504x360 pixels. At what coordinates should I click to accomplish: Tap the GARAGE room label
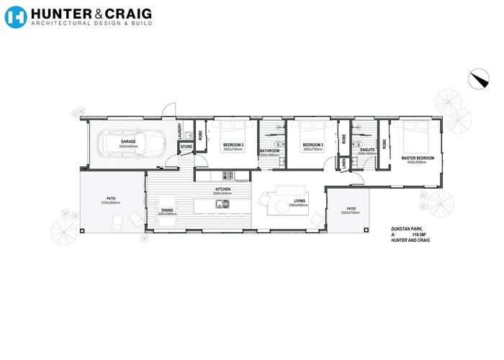click(x=128, y=141)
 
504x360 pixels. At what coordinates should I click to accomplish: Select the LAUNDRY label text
click(x=179, y=131)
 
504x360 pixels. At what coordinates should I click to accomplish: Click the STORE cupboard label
click(x=186, y=146)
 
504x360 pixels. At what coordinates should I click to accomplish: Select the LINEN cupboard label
click(x=345, y=163)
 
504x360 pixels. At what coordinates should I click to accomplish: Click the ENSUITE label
click(x=367, y=149)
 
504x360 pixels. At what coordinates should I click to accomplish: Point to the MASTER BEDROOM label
click(x=418, y=158)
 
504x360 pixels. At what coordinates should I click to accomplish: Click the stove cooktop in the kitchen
click(x=226, y=175)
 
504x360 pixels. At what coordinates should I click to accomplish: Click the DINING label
click(x=167, y=210)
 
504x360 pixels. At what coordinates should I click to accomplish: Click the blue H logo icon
click(x=15, y=17)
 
